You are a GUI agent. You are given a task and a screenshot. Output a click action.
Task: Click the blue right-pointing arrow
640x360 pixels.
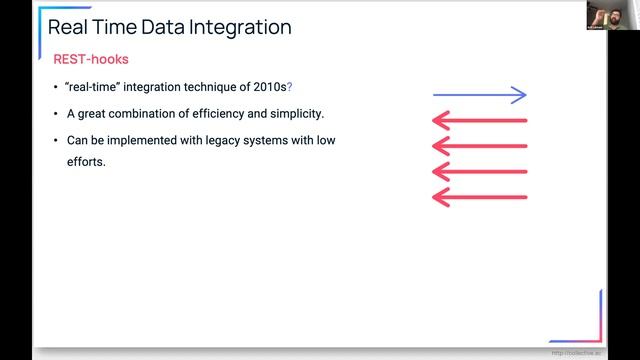[479, 95]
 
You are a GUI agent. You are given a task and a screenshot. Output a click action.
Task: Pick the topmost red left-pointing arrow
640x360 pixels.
[479, 121]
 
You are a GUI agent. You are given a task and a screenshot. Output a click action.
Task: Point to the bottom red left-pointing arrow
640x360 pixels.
[479, 197]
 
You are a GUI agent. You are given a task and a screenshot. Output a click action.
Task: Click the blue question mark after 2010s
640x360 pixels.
[289, 87]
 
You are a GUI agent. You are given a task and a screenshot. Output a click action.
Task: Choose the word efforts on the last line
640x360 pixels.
[86, 160]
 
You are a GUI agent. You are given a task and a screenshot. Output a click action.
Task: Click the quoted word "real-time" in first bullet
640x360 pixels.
[96, 87]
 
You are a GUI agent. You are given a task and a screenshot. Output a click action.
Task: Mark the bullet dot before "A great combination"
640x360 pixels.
[56, 114]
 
